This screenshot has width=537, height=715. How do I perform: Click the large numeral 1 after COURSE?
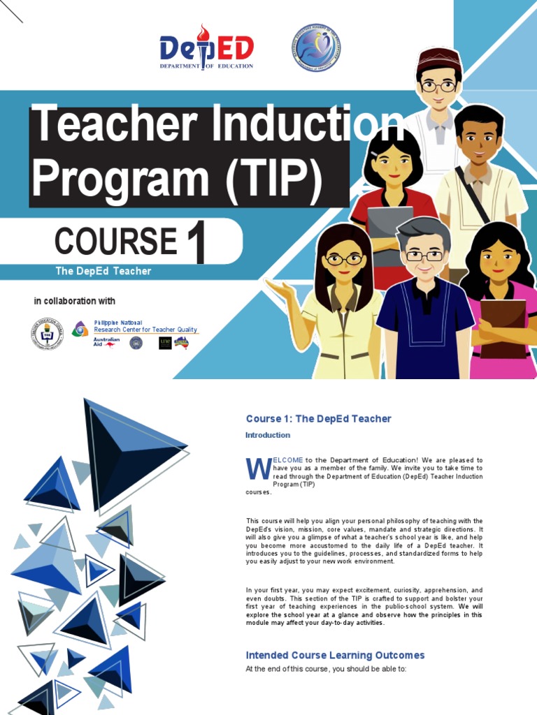pos(195,245)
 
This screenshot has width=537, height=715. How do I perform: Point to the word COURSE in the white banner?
pos(115,242)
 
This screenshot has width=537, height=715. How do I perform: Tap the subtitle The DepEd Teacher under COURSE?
pos(103,271)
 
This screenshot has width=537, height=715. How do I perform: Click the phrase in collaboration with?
pos(75,301)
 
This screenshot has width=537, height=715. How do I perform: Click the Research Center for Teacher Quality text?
pos(145,330)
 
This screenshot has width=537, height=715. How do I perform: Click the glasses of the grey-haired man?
pos(424,256)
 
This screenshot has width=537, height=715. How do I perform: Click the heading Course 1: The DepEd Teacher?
pos(318,419)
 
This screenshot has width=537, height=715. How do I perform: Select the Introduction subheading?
pos(267,435)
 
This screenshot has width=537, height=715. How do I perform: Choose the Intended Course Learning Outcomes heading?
pos(335,655)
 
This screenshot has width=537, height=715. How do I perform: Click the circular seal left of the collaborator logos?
pos(47,334)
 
